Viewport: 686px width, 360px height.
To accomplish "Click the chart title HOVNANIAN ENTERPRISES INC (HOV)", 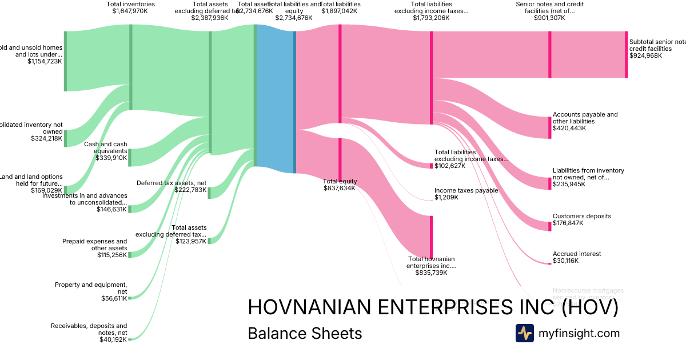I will [433, 307].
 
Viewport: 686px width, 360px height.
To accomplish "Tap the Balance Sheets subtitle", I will [305, 333].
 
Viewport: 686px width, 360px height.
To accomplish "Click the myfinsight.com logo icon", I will [524, 333].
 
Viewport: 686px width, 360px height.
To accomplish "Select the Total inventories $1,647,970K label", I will [130, 7].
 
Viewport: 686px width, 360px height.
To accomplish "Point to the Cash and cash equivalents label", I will [106, 151].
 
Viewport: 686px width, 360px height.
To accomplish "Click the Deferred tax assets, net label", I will [171, 186].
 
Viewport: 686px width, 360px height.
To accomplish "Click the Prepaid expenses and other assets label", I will [95, 248].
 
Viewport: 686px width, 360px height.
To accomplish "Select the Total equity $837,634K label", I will [340, 184].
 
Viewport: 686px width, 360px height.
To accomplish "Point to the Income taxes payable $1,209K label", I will [466, 194].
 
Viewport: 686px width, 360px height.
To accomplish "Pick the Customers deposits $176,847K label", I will [581, 219].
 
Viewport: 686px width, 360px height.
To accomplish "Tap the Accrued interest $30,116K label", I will [577, 257].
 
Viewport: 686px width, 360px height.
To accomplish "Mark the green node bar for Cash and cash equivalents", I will [130, 157].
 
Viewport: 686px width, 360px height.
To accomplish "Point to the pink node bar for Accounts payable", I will [550, 127].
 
